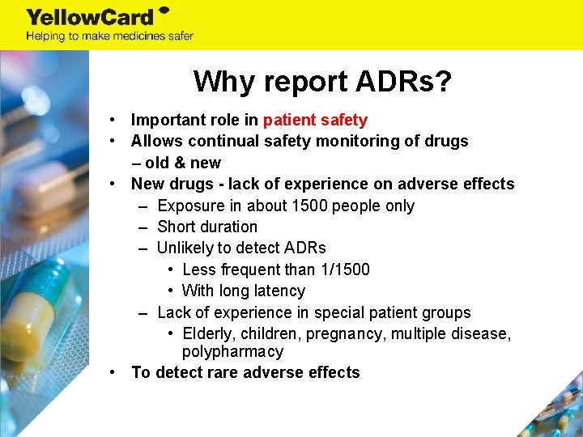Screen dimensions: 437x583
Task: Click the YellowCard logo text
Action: [x=89, y=16]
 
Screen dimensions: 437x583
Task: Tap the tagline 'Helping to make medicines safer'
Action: [x=109, y=36]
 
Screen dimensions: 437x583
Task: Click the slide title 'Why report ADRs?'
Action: [x=322, y=81]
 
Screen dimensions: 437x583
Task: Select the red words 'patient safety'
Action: [x=315, y=120]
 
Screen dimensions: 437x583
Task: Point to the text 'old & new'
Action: [x=183, y=163]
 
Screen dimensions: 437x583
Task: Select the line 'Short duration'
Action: [x=207, y=227]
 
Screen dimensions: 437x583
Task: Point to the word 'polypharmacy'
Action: [x=232, y=352]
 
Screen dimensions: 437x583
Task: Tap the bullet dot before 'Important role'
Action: [x=117, y=120]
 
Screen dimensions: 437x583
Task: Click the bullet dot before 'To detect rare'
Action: [x=117, y=372]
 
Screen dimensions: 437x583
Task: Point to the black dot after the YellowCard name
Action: [x=164, y=11]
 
